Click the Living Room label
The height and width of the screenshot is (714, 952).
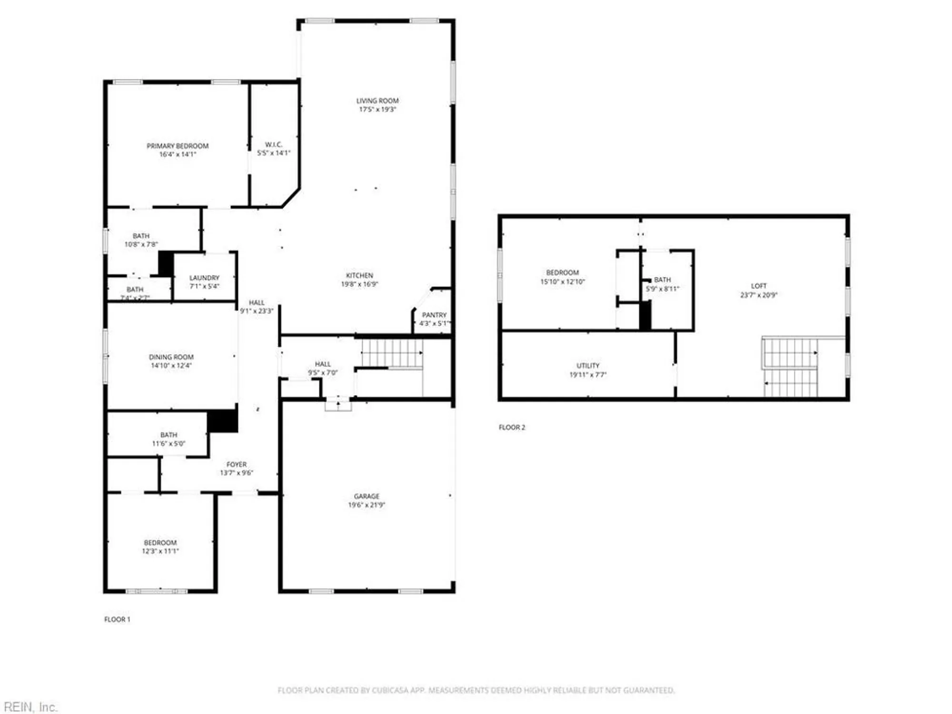[x=377, y=101]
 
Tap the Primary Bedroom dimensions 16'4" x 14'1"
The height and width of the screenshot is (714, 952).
[x=178, y=154]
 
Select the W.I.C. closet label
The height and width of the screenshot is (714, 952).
[x=274, y=144]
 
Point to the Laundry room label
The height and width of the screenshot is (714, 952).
[x=204, y=278]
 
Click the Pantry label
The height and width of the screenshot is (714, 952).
[x=434, y=315]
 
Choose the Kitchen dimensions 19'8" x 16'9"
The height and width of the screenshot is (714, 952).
[x=359, y=284]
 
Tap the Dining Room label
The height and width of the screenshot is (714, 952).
[x=171, y=357]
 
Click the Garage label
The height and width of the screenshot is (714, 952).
[x=367, y=496]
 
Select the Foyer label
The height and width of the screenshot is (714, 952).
[x=237, y=464]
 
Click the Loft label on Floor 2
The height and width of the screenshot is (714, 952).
[x=759, y=286]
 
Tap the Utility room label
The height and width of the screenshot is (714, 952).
[x=588, y=366]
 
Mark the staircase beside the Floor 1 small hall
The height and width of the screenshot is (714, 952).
[x=392, y=353]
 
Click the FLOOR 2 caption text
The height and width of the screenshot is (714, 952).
[x=512, y=427]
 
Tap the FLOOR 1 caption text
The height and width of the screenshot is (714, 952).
[x=117, y=619]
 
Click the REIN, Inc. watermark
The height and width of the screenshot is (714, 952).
[x=30, y=707]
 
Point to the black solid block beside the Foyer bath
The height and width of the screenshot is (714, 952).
[x=223, y=421]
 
